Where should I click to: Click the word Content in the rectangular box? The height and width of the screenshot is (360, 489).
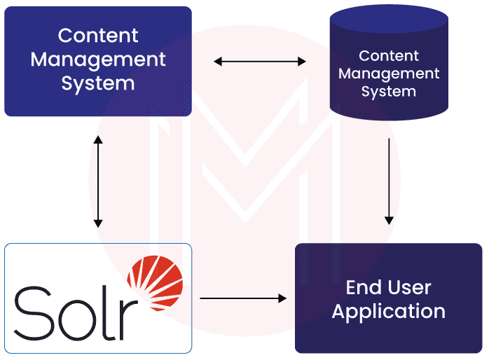click(x=98, y=35)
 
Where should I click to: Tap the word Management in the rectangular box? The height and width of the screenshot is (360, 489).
click(x=98, y=59)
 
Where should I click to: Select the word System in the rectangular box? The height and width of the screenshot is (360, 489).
click(x=98, y=83)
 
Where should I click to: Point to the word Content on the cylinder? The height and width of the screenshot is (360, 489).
click(x=389, y=56)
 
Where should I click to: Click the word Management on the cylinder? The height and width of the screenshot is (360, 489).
click(x=389, y=74)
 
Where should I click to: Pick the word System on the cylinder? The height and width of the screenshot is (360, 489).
click(x=389, y=91)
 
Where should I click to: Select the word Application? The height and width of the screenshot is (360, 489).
click(x=388, y=311)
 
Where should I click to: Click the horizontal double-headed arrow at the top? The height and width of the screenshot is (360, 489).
click(x=260, y=62)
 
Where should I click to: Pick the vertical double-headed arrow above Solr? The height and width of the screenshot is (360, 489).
click(x=98, y=181)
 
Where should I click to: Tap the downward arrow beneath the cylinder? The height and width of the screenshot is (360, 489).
click(x=389, y=181)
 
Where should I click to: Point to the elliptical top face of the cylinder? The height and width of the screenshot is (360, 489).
click(x=389, y=20)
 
